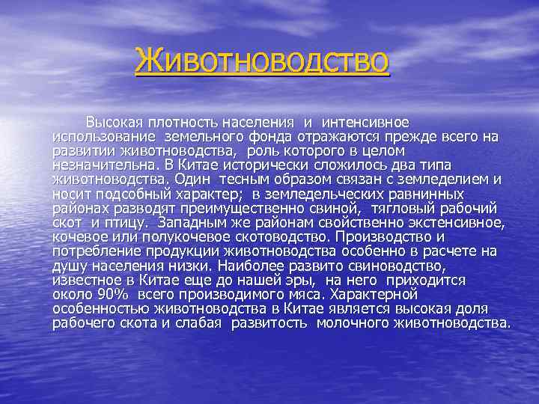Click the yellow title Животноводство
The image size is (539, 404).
(x=262, y=61)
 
